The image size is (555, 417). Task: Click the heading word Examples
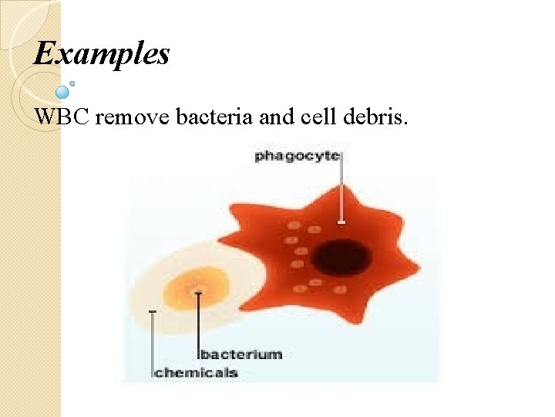tap(102, 54)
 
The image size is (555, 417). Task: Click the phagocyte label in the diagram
tap(297, 156)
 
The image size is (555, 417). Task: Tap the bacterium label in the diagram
tap(240, 355)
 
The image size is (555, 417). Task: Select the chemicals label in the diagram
tap(197, 374)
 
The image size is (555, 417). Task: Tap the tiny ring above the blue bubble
tap(72, 83)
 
